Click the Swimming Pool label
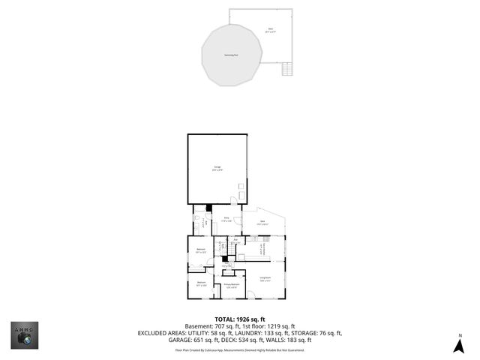pyautogui.click(x=230, y=54)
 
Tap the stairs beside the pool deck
pyautogui.click(x=286, y=69)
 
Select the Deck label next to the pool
pyautogui.click(x=271, y=31)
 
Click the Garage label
pyautogui.click(x=217, y=169)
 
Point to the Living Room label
pyautogui.click(x=265, y=279)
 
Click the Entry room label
pyautogui.click(x=226, y=219)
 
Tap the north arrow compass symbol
pyautogui.click(x=459, y=346)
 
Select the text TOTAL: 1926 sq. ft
pyautogui.click(x=239, y=319)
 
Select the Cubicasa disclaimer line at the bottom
pyautogui.click(x=239, y=349)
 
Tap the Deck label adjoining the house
pyautogui.click(x=262, y=222)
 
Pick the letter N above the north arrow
pyautogui.click(x=460, y=335)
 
